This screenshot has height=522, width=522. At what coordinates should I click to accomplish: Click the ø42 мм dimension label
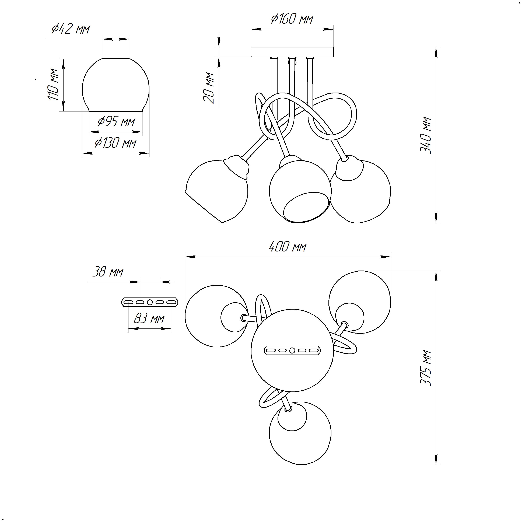click(x=71, y=29)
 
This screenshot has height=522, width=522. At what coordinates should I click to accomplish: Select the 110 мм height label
click(x=53, y=85)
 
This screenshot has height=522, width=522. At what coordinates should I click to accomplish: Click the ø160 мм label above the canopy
click(x=292, y=19)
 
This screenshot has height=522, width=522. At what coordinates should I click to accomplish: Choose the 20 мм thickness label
click(x=209, y=88)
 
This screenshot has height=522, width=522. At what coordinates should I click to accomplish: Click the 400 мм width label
click(x=288, y=247)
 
